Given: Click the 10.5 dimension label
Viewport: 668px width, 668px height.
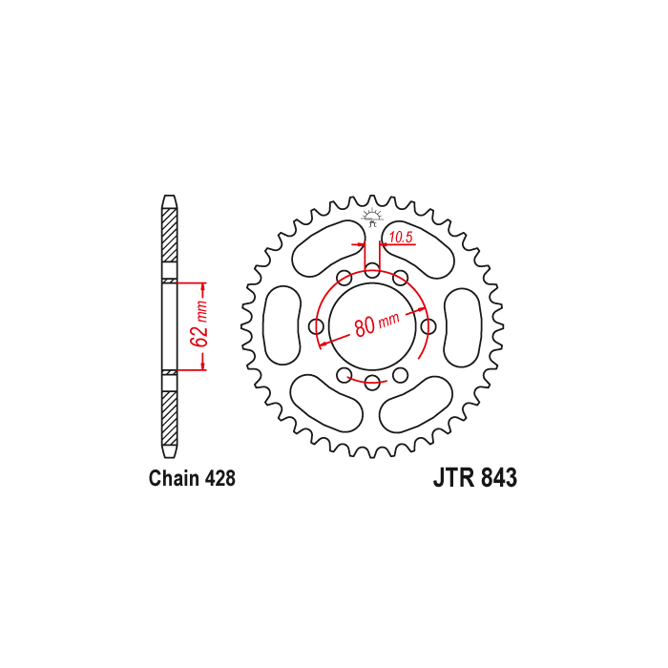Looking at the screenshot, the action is click(x=402, y=238).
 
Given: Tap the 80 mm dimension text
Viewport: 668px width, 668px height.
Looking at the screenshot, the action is click(x=377, y=324).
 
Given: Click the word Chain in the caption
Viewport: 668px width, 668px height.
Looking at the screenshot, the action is click(x=175, y=478).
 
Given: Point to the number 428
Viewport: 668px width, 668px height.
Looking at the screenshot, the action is click(x=220, y=478).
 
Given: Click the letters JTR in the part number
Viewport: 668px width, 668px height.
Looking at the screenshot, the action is click(x=454, y=477).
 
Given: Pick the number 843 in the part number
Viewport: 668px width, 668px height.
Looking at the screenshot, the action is click(x=499, y=477).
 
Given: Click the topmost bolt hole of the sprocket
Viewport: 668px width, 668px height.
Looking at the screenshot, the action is click(x=373, y=271).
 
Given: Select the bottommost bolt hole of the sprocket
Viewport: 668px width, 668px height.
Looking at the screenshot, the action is click(x=373, y=382).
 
